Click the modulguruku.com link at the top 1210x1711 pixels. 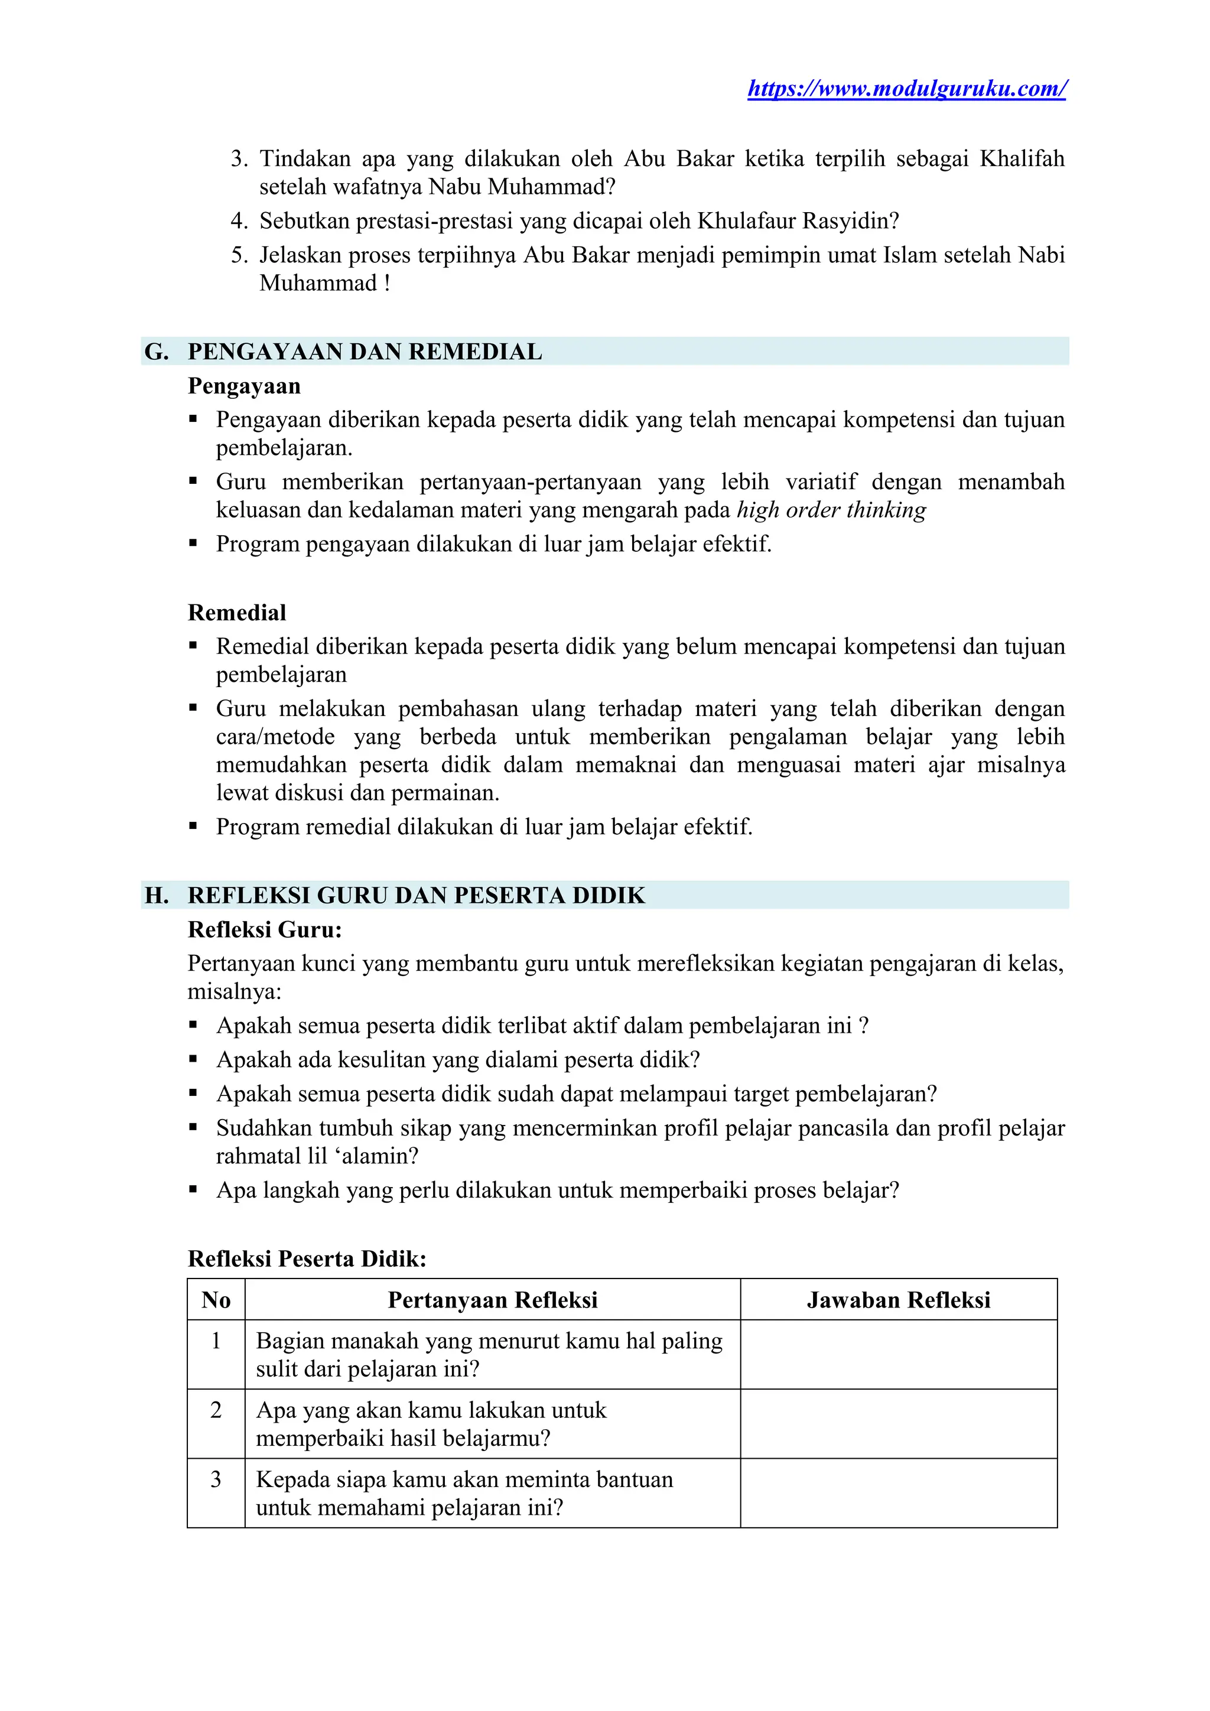(x=907, y=89)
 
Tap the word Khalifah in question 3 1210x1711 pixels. (x=1022, y=159)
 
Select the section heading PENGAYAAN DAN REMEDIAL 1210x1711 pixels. (x=365, y=352)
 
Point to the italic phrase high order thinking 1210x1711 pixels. (x=831, y=510)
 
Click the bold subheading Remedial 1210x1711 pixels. (x=237, y=613)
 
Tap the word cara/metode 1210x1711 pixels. (x=275, y=737)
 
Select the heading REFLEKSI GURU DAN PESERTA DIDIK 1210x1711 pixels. (x=416, y=895)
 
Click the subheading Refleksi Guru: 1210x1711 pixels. (x=265, y=929)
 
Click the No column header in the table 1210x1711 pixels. (x=216, y=1300)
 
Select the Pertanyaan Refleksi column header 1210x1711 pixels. (x=493, y=1300)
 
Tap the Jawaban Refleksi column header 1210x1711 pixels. (x=898, y=1300)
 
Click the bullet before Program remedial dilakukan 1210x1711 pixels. (x=194, y=827)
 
